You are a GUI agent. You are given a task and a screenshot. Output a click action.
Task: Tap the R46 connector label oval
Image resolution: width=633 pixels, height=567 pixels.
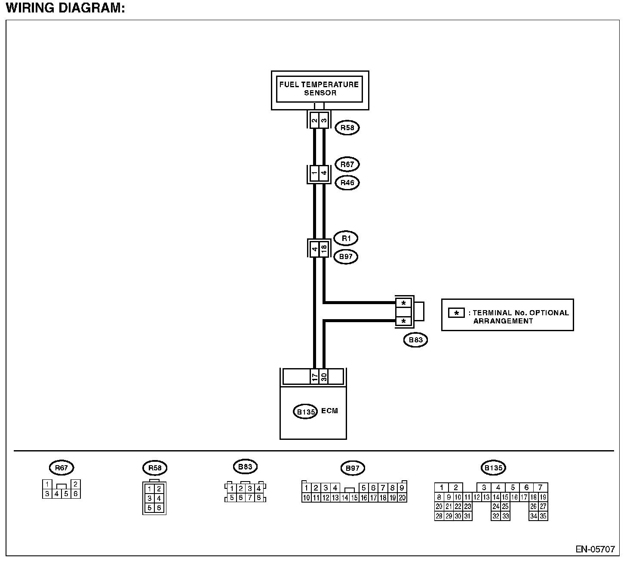pos(347,183)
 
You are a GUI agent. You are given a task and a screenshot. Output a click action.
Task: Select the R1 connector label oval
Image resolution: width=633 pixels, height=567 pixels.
pos(346,239)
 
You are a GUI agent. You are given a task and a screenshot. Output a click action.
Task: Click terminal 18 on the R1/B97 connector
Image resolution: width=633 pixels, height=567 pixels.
pos(324,249)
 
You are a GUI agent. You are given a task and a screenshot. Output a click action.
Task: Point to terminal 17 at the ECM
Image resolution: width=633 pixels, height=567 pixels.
pos(315,377)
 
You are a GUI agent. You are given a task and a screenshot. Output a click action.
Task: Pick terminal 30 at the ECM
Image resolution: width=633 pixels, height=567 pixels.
pos(324,377)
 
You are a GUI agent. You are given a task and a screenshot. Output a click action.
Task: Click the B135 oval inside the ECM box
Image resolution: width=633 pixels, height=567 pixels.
pos(305,412)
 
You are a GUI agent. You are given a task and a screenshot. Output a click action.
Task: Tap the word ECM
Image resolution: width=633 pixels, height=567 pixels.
pos(330,411)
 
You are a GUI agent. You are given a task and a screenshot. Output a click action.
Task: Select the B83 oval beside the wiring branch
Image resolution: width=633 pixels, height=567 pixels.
pos(415,340)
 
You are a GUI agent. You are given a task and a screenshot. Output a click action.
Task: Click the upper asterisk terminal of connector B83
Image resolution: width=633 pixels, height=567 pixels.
pos(403,303)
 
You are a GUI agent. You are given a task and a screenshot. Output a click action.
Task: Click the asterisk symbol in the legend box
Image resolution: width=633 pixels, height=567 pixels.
pos(456,313)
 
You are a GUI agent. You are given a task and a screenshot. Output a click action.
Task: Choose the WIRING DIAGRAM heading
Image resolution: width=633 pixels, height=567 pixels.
pos(65,8)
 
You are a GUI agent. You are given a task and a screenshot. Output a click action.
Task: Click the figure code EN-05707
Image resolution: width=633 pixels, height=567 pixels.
pos(595,549)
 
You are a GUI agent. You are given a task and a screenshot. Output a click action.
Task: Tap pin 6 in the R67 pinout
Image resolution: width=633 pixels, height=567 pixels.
pos(75,494)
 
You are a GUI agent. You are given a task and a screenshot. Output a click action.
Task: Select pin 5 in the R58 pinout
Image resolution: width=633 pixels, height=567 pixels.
pos(150,508)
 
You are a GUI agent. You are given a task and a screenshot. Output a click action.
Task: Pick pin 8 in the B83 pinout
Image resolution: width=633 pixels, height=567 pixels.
pos(259,497)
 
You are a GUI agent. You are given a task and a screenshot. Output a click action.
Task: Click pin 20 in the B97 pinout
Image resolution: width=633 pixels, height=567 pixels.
pos(402,498)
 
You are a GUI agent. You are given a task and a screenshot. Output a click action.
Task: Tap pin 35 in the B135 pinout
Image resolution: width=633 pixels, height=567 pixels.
pos(543,516)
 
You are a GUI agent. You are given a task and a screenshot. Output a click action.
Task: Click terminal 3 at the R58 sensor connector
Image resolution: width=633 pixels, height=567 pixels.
pos(324,120)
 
